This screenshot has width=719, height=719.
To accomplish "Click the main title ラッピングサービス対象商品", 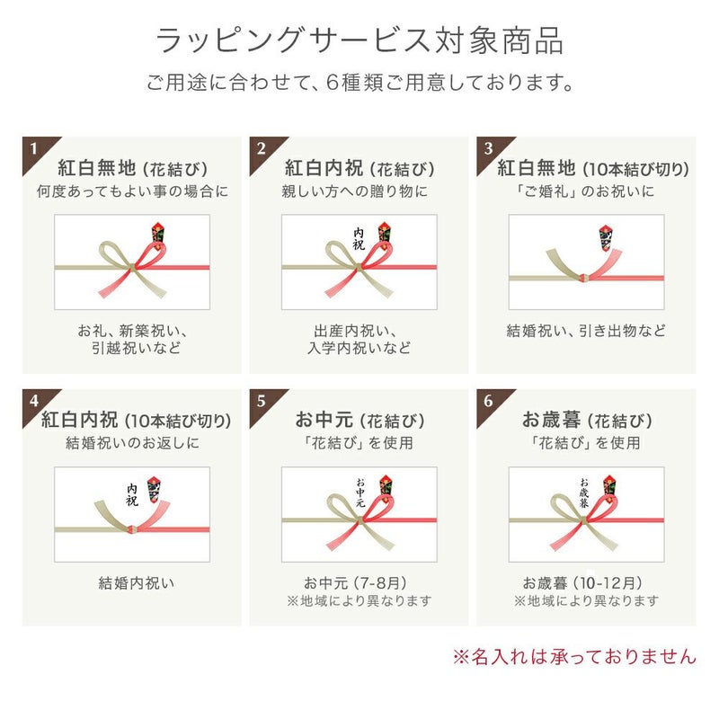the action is (x=359, y=40).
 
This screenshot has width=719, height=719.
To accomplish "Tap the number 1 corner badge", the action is (x=36, y=150).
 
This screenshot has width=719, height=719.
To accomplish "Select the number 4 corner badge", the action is (x=36, y=403).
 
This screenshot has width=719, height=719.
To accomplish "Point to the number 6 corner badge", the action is (x=490, y=403).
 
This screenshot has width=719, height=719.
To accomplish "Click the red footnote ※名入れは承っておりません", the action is (x=574, y=656).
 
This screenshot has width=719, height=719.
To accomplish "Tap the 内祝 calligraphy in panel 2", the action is (x=359, y=239).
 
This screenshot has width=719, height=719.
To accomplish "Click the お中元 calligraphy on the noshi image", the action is (x=360, y=493).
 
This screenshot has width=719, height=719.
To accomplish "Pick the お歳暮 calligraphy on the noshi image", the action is (x=583, y=493).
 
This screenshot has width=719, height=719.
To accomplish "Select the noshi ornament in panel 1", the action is (x=158, y=235).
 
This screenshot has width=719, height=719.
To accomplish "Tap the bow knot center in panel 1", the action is (x=132, y=267).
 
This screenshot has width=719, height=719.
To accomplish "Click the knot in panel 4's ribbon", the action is (x=132, y=530).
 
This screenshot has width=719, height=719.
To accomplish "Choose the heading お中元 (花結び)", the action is (x=359, y=420).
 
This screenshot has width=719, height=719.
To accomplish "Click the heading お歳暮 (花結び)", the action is (x=587, y=420).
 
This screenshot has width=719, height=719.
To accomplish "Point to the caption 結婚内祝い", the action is (x=137, y=582).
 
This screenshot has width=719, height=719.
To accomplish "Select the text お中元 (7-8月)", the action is (x=355, y=582).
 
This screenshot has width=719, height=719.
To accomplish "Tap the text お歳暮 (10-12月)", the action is (x=582, y=582).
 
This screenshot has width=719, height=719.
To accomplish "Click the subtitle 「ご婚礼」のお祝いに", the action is (x=586, y=191).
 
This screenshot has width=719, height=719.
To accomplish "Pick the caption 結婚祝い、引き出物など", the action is (x=586, y=331).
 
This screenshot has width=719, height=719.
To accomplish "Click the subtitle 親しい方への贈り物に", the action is (x=355, y=191).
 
